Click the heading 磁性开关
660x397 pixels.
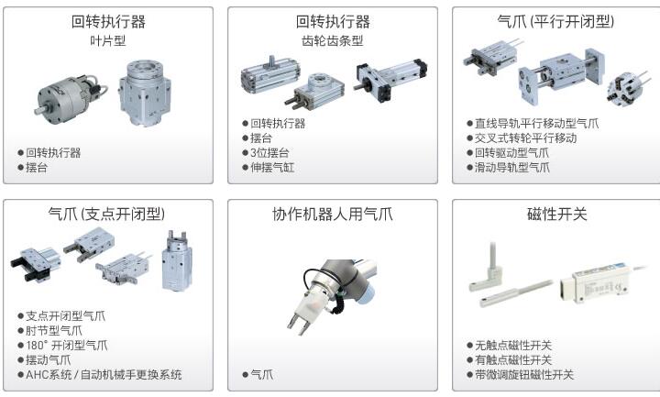click(x=556, y=214)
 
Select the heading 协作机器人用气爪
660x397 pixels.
click(x=332, y=214)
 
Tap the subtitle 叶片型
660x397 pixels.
click(x=108, y=41)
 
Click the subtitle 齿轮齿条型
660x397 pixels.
click(x=332, y=41)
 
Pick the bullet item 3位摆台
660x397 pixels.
click(x=269, y=153)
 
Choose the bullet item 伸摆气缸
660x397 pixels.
click(x=272, y=168)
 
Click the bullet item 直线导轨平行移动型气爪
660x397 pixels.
click(x=536, y=124)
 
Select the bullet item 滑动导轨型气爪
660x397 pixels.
click(x=511, y=168)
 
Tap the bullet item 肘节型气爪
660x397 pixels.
click(x=54, y=330)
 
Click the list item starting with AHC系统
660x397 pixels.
click(x=104, y=375)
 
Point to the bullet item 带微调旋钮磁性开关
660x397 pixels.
click(x=524, y=375)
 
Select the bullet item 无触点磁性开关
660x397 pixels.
click(x=513, y=346)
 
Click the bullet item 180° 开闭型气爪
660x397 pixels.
click(x=67, y=346)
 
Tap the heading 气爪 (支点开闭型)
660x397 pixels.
click(x=106, y=214)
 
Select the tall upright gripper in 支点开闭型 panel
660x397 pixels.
click(x=177, y=261)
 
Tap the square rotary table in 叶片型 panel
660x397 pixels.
click(x=145, y=94)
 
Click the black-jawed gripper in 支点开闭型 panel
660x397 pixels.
click(x=35, y=264)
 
